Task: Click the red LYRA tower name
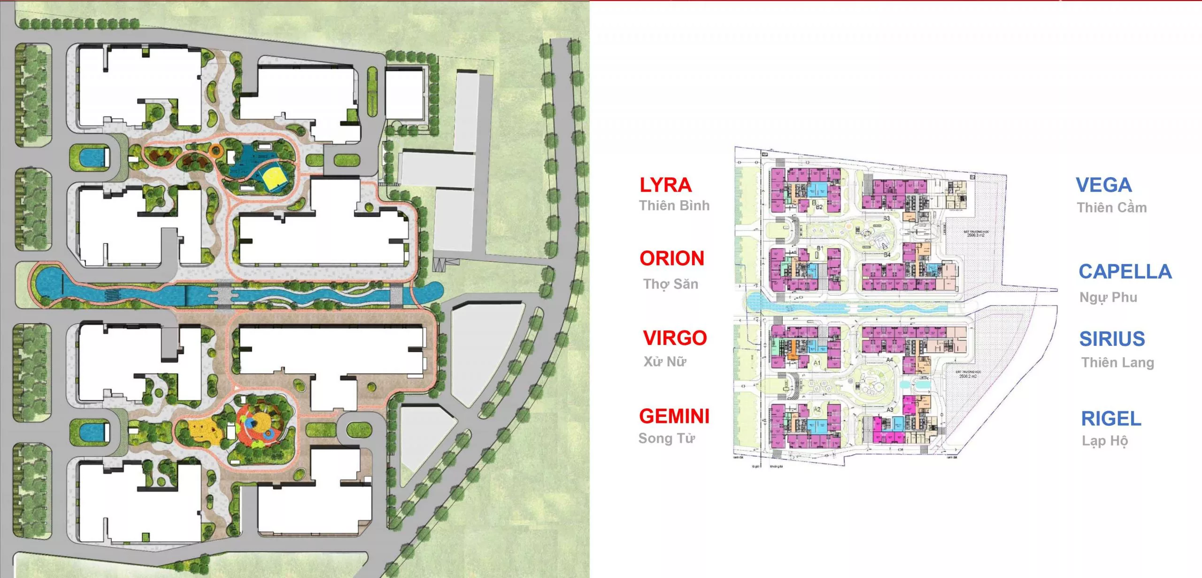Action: click(665, 185)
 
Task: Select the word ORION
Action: click(672, 258)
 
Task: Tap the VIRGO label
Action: click(675, 338)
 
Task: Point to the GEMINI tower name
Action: click(674, 416)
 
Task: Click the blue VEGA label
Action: click(1103, 185)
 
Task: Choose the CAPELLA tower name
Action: click(1125, 272)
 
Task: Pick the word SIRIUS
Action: click(1112, 339)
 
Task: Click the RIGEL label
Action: click(1111, 419)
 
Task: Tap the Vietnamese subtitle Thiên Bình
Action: click(674, 206)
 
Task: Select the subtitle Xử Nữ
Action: click(665, 361)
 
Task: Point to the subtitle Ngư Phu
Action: click(1108, 297)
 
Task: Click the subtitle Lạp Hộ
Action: click(1105, 441)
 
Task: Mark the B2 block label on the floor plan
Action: click(819, 207)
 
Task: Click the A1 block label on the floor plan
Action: click(817, 363)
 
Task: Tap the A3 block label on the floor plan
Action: click(890, 410)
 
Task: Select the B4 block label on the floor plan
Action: click(887, 255)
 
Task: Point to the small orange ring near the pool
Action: click(216, 150)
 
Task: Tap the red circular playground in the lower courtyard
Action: click(255, 424)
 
